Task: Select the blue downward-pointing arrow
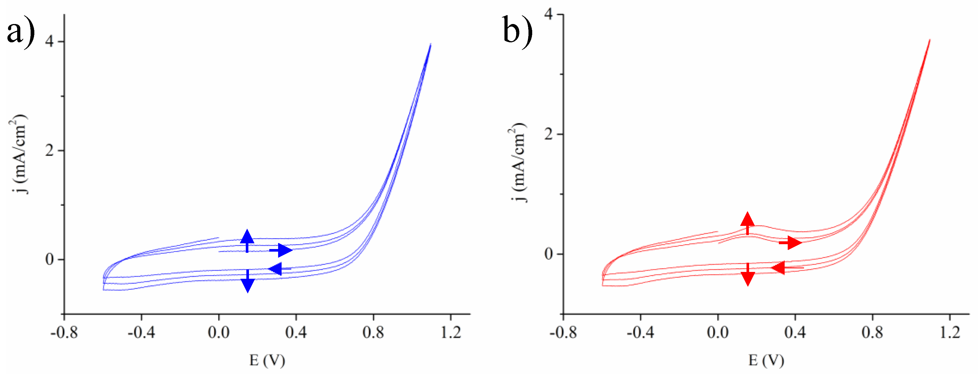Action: pyautogui.click(x=248, y=281)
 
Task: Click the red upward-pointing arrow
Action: pyautogui.click(x=747, y=223)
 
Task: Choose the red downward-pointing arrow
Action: pyautogui.click(x=748, y=274)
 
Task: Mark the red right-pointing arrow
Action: pyautogui.click(x=791, y=242)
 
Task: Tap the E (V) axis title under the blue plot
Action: pyautogui.click(x=267, y=360)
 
